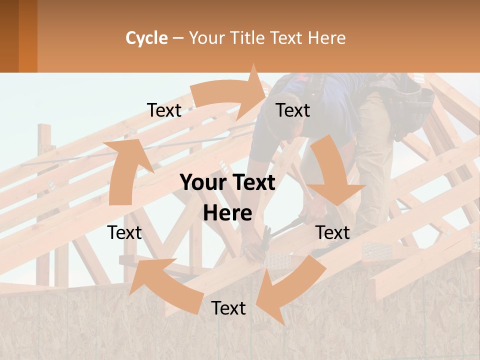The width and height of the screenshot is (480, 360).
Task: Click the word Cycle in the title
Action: (x=146, y=38)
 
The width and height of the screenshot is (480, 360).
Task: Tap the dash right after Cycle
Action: (x=178, y=38)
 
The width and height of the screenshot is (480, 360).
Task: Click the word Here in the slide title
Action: (x=327, y=38)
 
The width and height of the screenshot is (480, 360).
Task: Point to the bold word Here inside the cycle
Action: (x=227, y=213)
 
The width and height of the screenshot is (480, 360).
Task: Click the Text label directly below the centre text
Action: (x=228, y=308)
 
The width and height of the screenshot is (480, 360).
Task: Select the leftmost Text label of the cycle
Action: (x=124, y=232)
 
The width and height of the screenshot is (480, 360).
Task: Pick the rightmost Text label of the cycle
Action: (x=333, y=232)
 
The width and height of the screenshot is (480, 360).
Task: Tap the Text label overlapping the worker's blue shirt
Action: (x=293, y=110)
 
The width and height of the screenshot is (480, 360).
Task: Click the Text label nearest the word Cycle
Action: (x=164, y=110)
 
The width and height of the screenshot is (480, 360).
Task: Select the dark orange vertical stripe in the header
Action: (x=27, y=36)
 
